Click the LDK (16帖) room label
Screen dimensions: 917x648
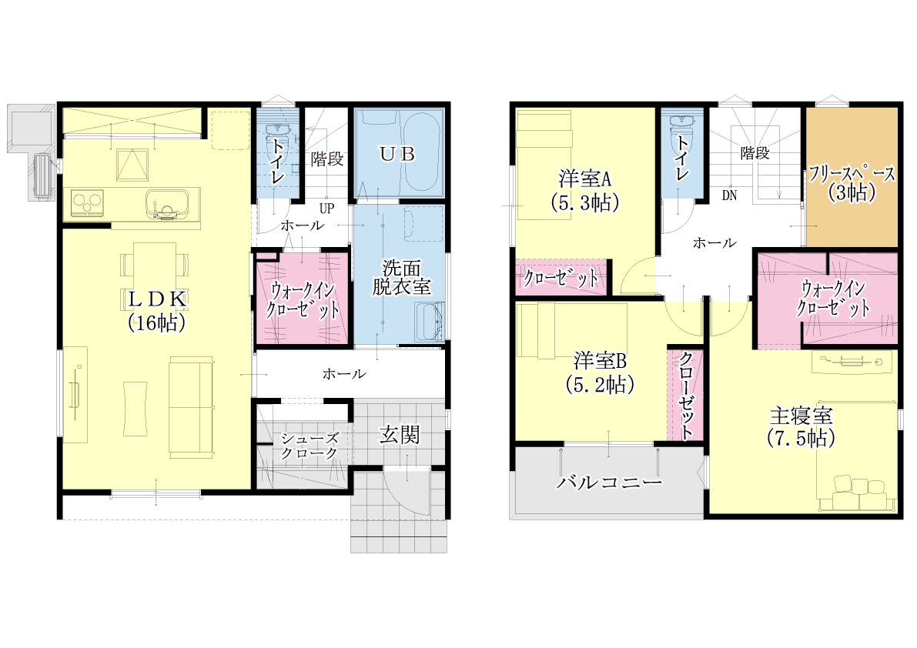[157, 311]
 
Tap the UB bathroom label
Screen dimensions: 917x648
[397, 154]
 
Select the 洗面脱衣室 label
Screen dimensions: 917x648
[401, 278]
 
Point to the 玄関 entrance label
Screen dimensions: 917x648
[400, 435]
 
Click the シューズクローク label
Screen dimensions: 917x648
[309, 446]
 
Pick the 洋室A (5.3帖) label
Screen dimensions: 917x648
[585, 191]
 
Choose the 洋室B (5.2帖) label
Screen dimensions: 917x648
[600, 372]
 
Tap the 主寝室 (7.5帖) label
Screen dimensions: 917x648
[802, 427]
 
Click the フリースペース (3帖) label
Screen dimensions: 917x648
[852, 183]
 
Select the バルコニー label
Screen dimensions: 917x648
[609, 482]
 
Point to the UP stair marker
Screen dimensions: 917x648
[326, 208]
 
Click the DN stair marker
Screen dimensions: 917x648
[729, 195]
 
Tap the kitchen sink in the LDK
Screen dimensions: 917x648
[168, 205]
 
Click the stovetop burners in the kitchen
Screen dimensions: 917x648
[87, 202]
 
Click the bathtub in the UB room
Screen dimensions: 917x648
[422, 152]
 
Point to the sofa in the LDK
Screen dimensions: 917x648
[191, 406]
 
